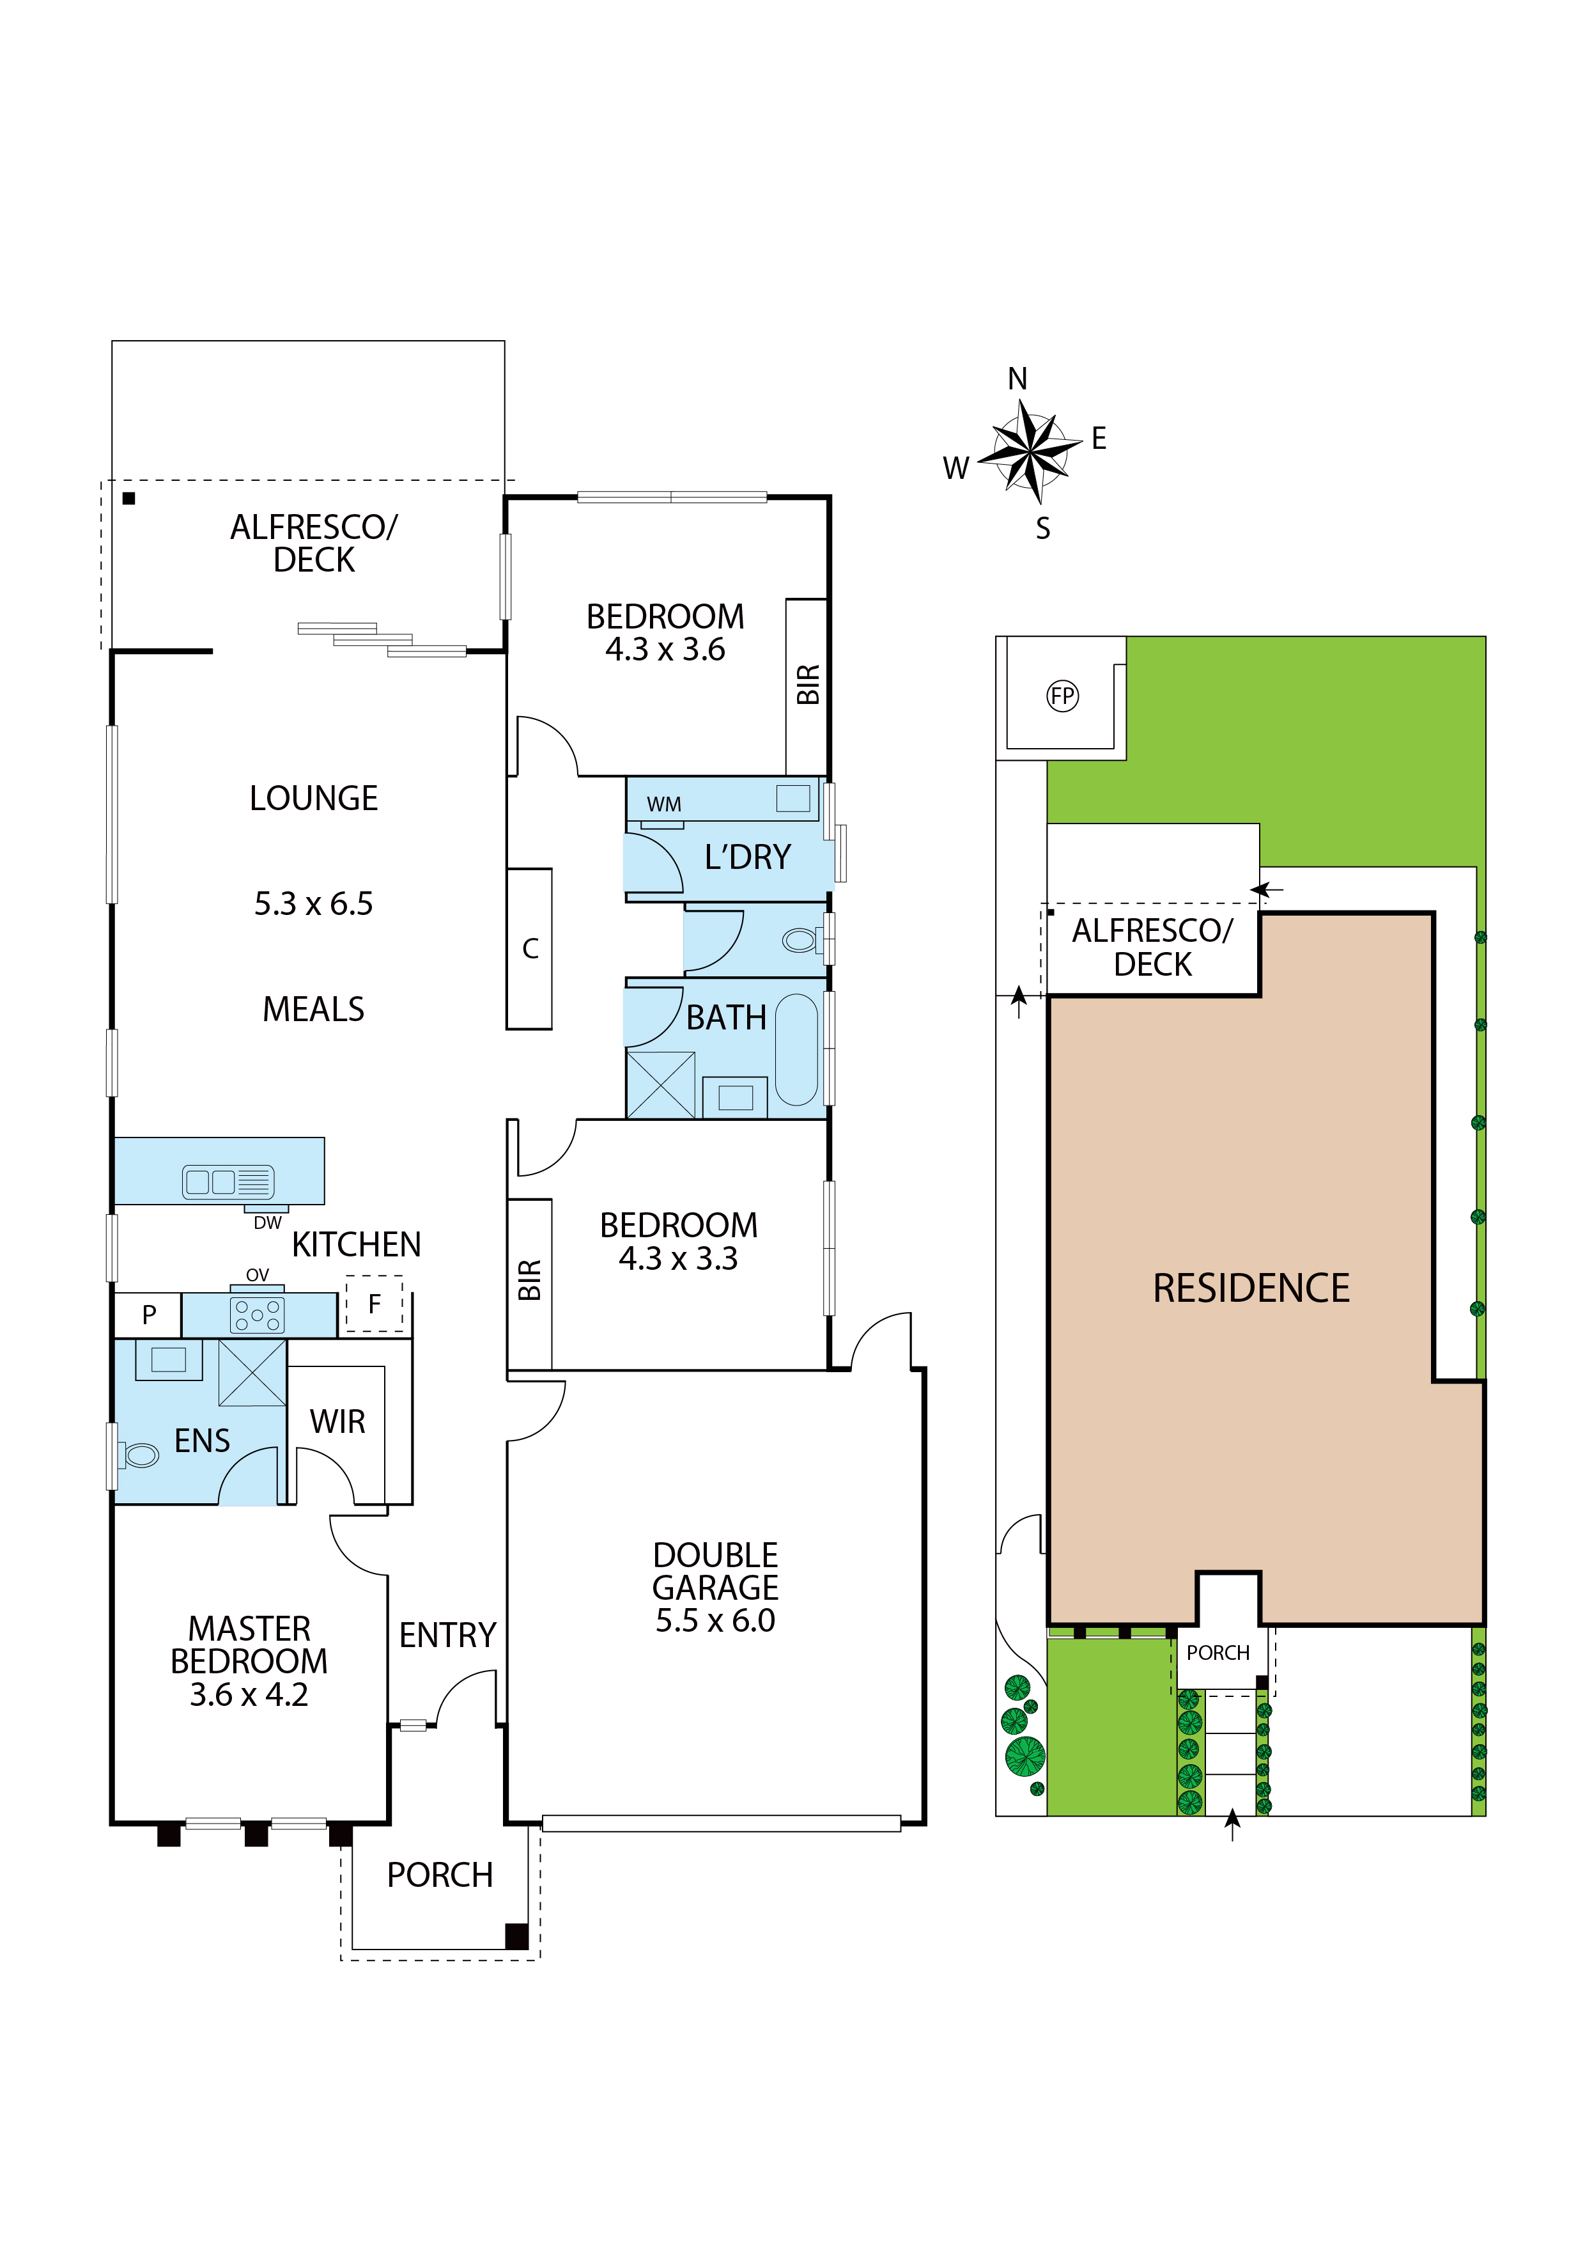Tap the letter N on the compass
[x=1017, y=379]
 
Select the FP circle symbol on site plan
[x=1063, y=696]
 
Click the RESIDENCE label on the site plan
[x=1251, y=1288]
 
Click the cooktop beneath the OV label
[x=257, y=1315]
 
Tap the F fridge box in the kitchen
[x=374, y=1304]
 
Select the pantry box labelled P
[x=148, y=1315]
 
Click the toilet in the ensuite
[x=137, y=1456]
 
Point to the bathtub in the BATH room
[x=797, y=1050]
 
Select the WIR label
[x=338, y=1421]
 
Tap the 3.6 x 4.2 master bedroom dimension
[x=249, y=1694]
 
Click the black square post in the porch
[x=516, y=1935]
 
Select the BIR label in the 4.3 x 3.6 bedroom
[x=808, y=684]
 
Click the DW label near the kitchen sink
[x=268, y=1223]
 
